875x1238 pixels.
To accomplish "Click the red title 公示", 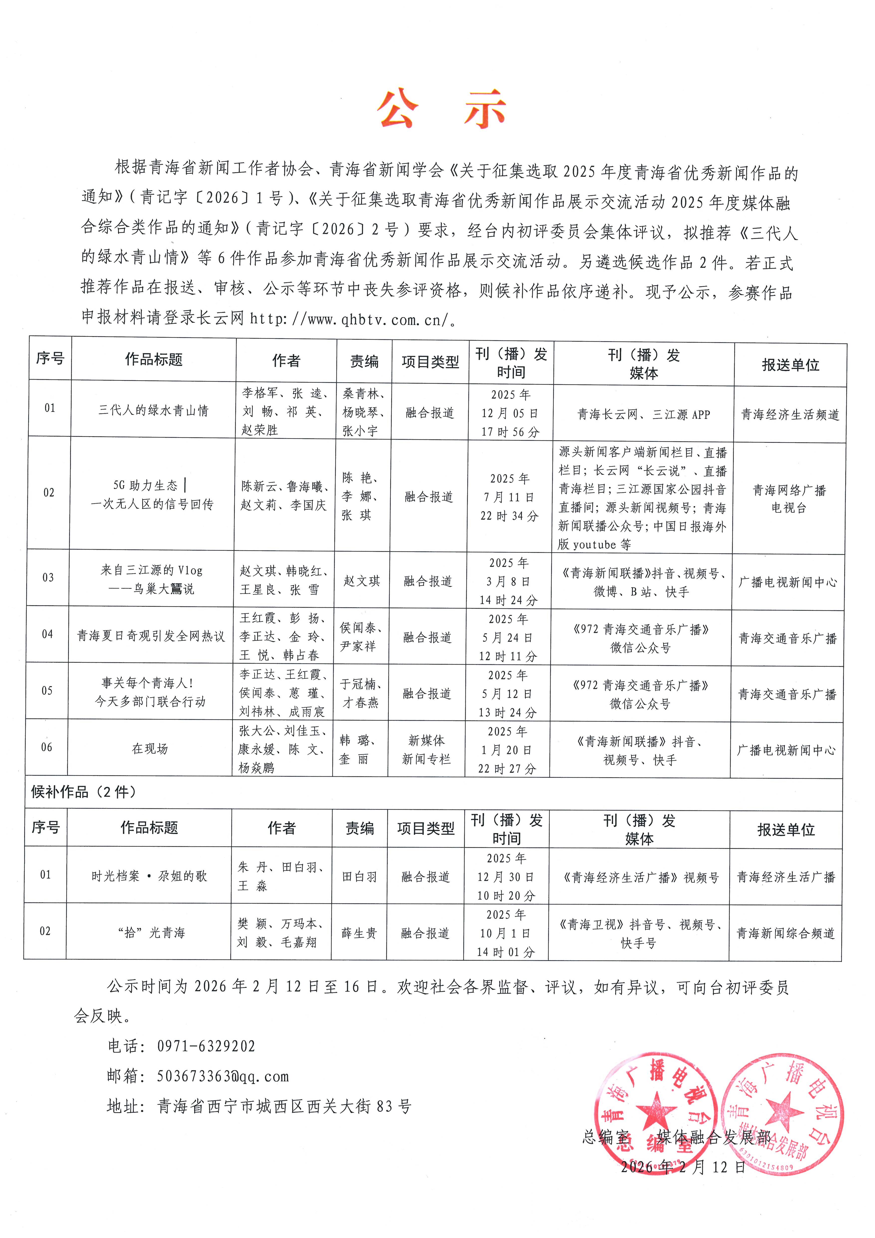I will point(441,110).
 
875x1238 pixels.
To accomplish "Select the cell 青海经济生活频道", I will point(790,414).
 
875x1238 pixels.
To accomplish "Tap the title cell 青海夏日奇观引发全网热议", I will point(151,636).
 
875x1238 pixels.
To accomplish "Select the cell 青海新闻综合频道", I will point(785,933).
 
